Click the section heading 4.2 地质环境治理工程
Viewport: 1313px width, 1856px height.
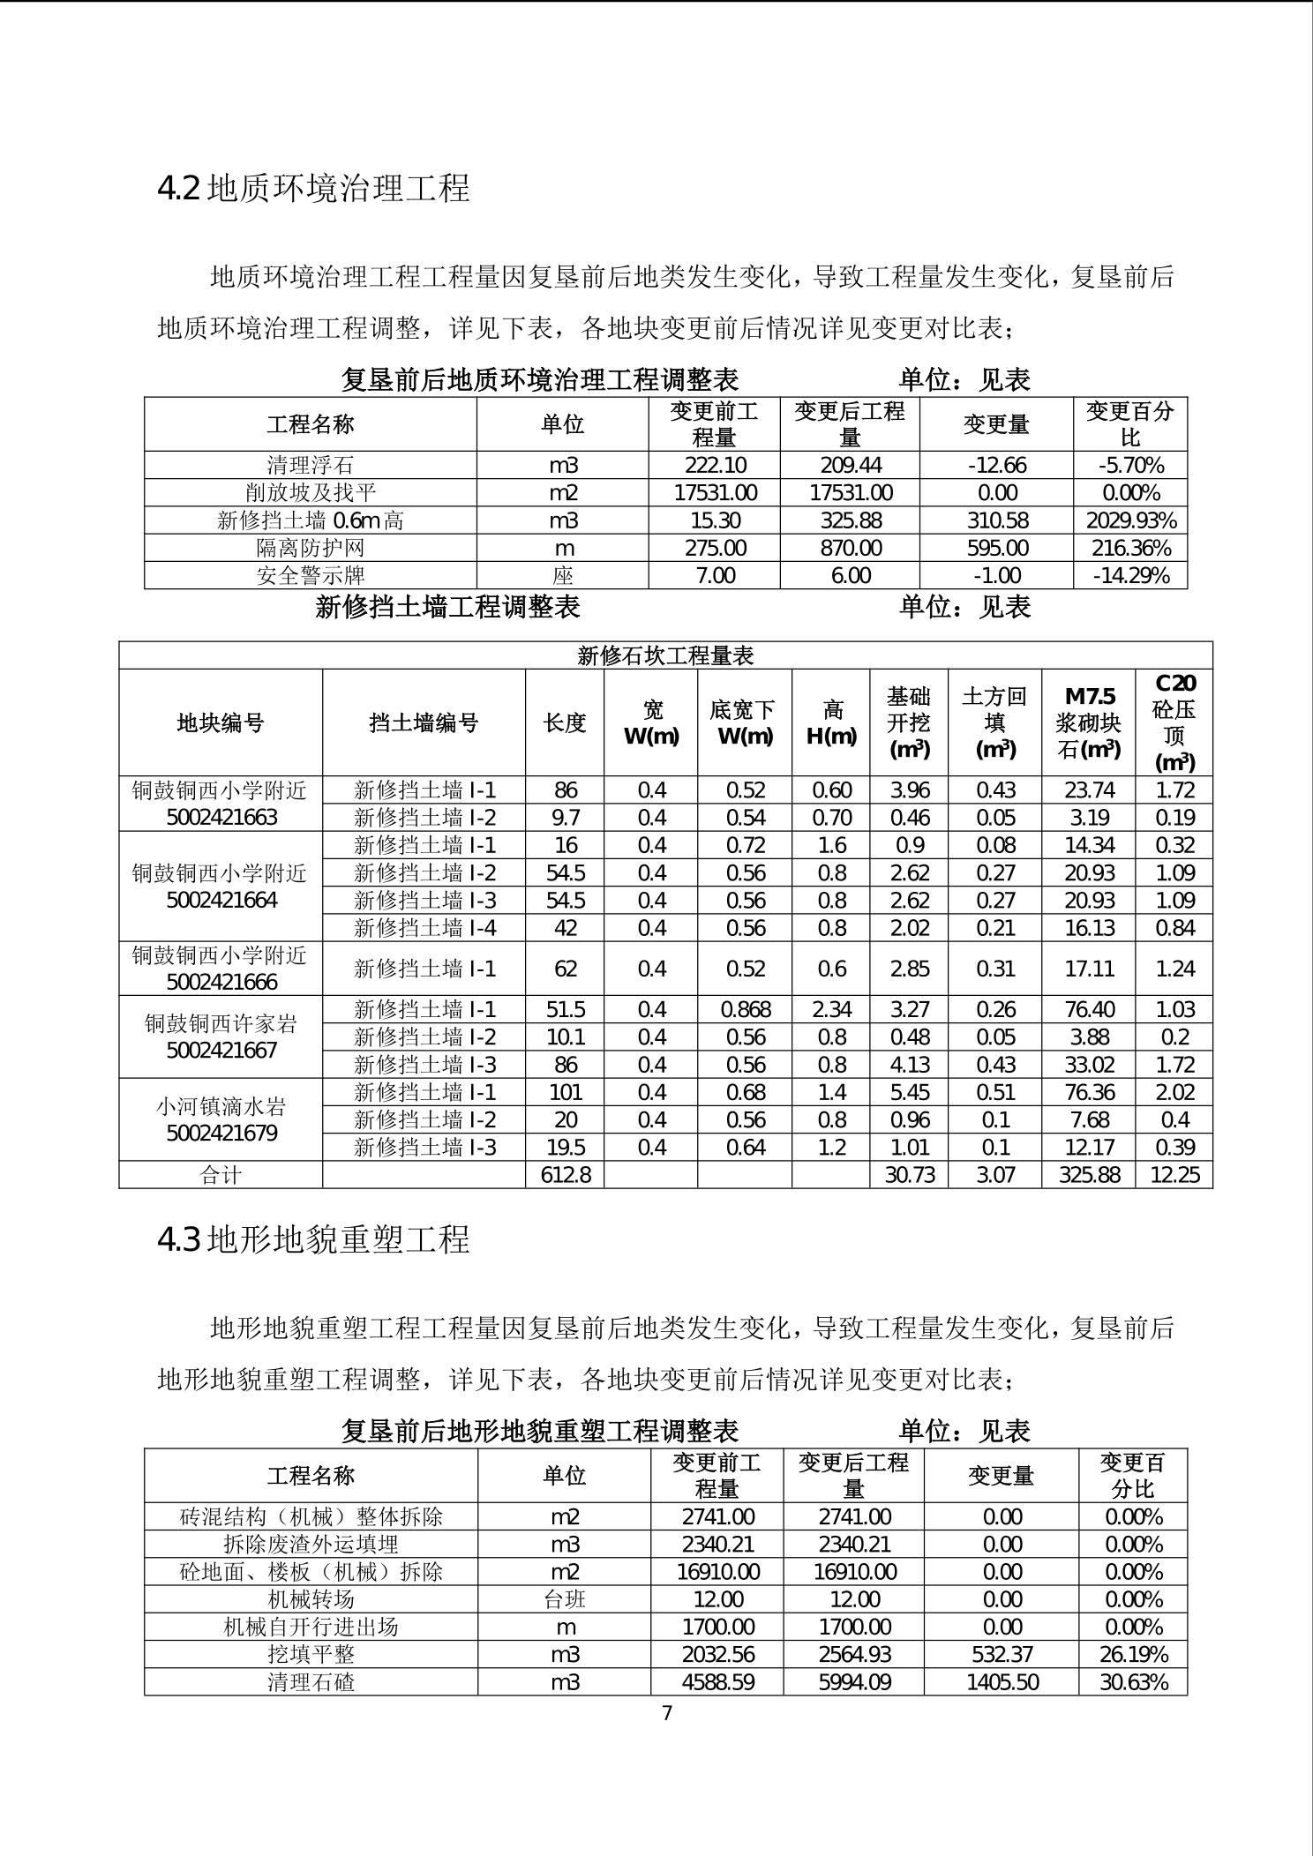click(313, 188)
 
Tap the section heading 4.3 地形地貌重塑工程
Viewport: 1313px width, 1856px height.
click(313, 1239)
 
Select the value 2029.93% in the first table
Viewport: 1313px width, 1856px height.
click(1130, 520)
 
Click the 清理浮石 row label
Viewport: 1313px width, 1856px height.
click(311, 465)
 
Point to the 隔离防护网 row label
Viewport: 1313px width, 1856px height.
click(311, 548)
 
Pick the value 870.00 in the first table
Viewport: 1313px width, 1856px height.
click(850, 548)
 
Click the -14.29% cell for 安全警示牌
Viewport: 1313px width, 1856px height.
click(1130, 576)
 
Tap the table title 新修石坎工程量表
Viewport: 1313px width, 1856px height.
click(665, 655)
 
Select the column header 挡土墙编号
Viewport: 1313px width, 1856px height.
click(424, 723)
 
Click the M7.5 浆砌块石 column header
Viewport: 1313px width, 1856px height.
click(1089, 723)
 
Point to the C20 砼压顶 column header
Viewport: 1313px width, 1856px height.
click(1174, 723)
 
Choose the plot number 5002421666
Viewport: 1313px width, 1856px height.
click(221, 982)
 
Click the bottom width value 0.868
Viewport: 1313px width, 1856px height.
click(745, 1009)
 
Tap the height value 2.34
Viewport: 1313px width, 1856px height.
click(830, 1009)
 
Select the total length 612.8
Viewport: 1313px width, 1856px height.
click(565, 1175)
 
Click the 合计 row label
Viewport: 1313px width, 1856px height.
click(221, 1175)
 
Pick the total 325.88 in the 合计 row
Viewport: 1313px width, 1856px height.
click(1089, 1175)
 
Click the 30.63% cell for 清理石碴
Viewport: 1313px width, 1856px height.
click(1133, 1682)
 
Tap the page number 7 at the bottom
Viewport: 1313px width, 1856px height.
click(666, 1713)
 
